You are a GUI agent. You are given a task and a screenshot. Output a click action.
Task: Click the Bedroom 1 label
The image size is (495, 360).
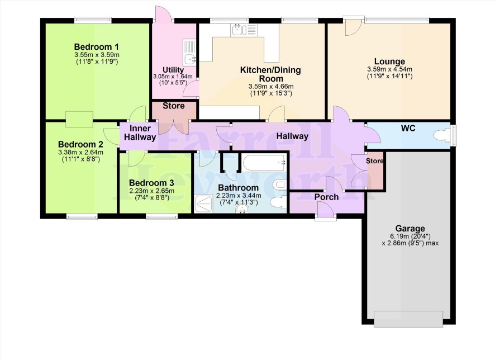(96, 47)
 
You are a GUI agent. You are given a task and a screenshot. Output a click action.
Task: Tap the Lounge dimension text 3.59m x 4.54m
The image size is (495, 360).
(389, 69)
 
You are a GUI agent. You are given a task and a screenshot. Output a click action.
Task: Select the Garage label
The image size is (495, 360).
(410, 228)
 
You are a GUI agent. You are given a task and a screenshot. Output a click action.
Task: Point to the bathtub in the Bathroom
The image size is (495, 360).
(264, 162)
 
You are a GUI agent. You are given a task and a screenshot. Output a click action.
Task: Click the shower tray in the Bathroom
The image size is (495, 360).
(203, 204)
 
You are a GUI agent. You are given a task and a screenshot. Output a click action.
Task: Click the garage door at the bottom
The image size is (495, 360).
(408, 319)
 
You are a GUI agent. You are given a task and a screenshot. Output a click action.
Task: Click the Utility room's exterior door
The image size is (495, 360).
(163, 14)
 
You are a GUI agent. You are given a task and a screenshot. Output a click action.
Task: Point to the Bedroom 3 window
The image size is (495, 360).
(162, 216)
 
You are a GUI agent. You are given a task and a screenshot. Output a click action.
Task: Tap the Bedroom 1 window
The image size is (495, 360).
(93, 20)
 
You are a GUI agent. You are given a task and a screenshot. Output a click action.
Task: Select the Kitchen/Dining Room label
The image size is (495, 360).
(270, 74)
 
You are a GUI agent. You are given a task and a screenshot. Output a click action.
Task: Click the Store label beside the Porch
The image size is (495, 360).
(375, 161)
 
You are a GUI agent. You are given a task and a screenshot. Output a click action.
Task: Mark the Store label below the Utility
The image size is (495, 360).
(174, 106)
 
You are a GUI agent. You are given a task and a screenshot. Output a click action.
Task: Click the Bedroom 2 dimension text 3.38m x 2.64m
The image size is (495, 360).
(81, 152)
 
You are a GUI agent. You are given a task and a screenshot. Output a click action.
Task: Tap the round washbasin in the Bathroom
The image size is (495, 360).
(243, 209)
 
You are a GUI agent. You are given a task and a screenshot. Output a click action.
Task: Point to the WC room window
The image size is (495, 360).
(454, 135)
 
